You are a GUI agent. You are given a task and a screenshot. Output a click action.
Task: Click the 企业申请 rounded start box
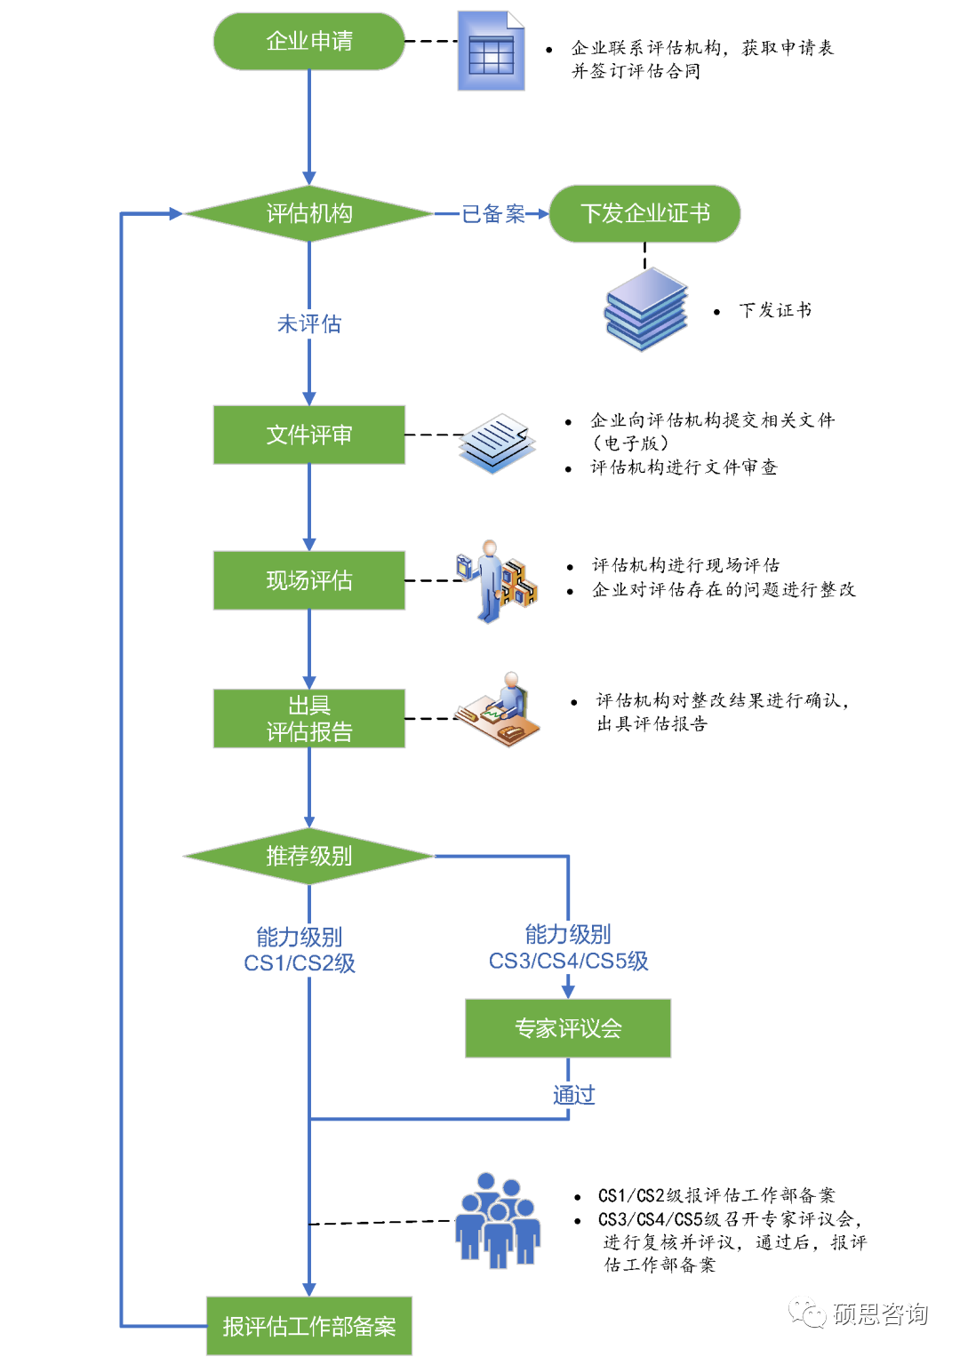click(x=309, y=41)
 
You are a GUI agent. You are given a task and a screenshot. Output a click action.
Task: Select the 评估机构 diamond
click(x=309, y=213)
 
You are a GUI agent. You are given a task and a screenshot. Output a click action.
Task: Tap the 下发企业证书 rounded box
click(x=644, y=213)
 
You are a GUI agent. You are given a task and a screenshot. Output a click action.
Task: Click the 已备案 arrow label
click(x=493, y=214)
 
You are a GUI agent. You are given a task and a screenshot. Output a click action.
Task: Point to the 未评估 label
click(x=309, y=323)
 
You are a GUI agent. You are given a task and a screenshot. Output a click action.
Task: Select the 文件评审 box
click(x=309, y=435)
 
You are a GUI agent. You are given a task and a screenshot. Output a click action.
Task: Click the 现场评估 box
click(x=309, y=580)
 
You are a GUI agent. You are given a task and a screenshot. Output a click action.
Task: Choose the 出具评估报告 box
click(x=309, y=718)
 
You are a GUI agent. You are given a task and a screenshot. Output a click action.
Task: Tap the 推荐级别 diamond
click(x=309, y=856)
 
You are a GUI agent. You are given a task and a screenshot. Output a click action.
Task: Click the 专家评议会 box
click(x=568, y=1028)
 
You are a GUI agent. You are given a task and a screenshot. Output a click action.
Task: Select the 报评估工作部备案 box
click(x=309, y=1326)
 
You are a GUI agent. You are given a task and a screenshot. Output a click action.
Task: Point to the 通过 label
click(x=573, y=1095)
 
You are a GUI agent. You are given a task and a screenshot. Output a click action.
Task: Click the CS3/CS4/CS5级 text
click(x=568, y=961)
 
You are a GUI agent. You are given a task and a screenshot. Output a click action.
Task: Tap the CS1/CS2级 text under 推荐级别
click(x=300, y=963)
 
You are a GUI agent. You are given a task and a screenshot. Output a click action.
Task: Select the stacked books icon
click(x=646, y=309)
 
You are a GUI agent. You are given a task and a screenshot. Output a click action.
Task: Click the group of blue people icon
click(x=498, y=1221)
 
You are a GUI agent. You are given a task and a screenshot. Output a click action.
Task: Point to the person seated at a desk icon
click(x=499, y=710)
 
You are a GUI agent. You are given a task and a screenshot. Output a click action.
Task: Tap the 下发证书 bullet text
click(x=775, y=310)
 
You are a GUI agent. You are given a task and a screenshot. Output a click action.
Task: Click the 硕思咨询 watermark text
click(x=880, y=1313)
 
